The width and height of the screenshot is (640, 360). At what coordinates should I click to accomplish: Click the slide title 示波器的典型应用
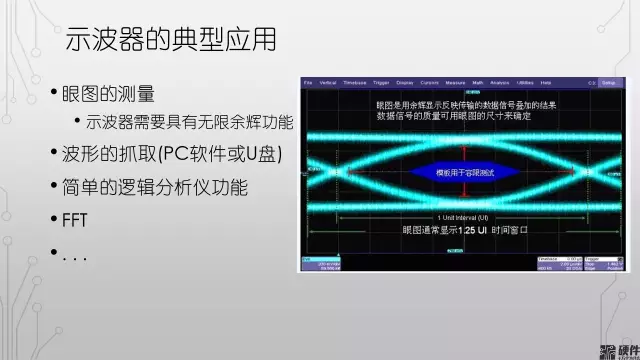(x=170, y=40)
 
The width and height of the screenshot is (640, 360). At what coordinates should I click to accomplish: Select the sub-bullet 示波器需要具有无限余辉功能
(x=189, y=122)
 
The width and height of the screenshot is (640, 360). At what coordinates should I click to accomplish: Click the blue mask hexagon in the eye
(x=465, y=172)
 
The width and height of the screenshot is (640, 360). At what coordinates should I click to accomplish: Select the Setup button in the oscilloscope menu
(x=608, y=82)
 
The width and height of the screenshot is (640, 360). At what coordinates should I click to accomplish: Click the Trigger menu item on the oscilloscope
(x=381, y=82)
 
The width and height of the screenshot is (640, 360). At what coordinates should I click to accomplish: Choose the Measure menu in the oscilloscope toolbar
(x=459, y=82)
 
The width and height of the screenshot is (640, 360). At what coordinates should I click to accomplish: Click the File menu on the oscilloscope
(x=307, y=82)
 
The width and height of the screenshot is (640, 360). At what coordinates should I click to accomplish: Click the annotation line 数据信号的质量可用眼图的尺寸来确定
(x=453, y=117)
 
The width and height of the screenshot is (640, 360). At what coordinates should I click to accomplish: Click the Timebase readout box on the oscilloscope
(x=549, y=264)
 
